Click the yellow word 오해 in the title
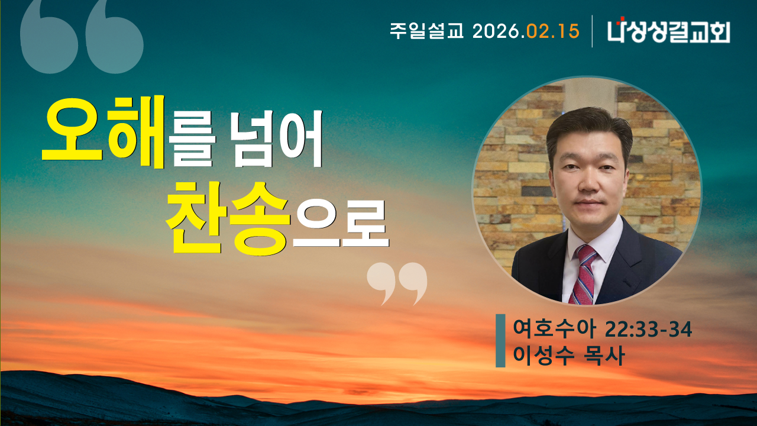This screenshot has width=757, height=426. coord(103,133)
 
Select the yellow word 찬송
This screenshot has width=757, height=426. coord(228,219)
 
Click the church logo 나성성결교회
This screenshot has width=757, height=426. coord(669,31)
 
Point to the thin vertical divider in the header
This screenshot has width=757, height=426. coord(593,31)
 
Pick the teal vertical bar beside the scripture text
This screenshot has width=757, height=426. coord(500,341)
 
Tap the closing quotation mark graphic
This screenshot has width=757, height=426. coord(397,283)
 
